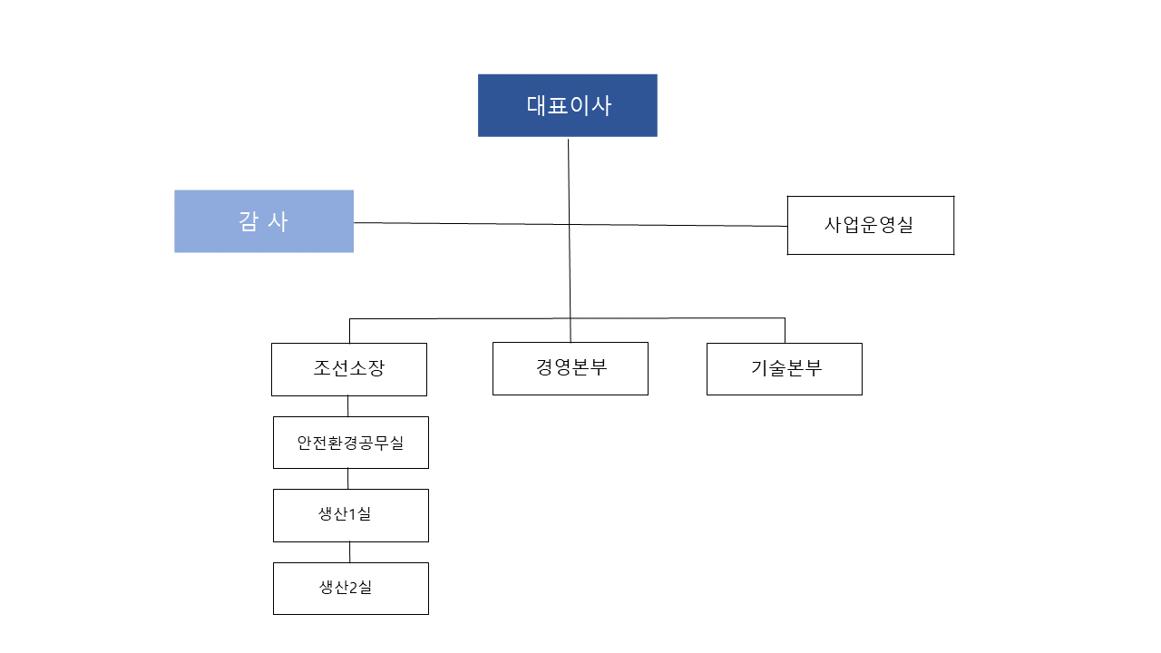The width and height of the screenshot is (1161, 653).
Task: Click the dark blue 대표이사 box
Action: pyautogui.click(x=567, y=105)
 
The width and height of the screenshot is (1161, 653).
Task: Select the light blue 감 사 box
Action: pyautogui.click(x=264, y=221)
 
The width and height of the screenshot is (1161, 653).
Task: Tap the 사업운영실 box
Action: pyautogui.click(x=870, y=225)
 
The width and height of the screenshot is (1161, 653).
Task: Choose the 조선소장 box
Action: pyautogui.click(x=349, y=369)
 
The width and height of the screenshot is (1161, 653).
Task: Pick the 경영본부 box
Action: pyautogui.click(x=570, y=368)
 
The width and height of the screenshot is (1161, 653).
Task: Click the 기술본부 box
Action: pyautogui.click(x=785, y=369)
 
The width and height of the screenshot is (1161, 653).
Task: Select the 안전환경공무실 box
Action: pyautogui.click(x=350, y=443)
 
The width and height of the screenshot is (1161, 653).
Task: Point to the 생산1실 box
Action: pyautogui.click(x=350, y=515)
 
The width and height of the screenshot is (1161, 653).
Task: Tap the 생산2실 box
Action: pyautogui.click(x=350, y=588)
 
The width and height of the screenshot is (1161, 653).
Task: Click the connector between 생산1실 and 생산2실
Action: pyautogui.click(x=350, y=552)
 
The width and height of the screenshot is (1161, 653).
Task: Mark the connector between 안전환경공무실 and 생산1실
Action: pyautogui.click(x=348, y=479)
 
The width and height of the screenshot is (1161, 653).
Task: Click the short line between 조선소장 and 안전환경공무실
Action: pyautogui.click(x=347, y=406)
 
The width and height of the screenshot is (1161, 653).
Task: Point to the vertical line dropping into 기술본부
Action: pyautogui.click(x=785, y=330)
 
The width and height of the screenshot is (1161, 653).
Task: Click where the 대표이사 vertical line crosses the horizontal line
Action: pyautogui.click(x=570, y=224)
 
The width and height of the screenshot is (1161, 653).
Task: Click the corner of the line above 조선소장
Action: pyautogui.click(x=350, y=319)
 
